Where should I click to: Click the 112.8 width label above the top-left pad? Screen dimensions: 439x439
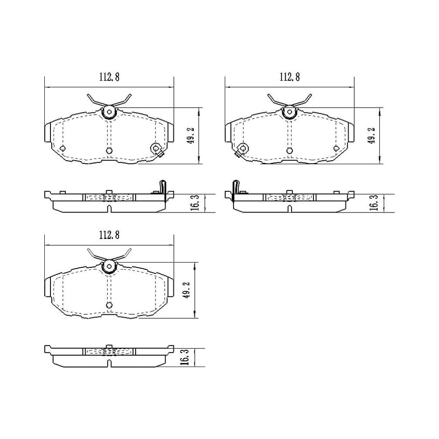(x=109, y=77)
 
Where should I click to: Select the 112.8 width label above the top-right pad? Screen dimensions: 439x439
(x=290, y=77)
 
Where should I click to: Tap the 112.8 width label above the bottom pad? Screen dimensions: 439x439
(x=109, y=235)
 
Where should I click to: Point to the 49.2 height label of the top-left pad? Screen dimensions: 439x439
(x=191, y=136)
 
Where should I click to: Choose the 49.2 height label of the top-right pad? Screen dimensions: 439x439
(x=371, y=136)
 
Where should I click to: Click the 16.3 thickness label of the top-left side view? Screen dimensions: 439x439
(x=196, y=203)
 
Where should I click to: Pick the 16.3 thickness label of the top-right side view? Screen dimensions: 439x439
(x=375, y=203)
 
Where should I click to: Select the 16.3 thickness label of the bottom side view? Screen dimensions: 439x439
(x=185, y=357)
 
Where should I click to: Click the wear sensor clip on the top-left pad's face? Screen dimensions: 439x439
(x=157, y=149)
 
